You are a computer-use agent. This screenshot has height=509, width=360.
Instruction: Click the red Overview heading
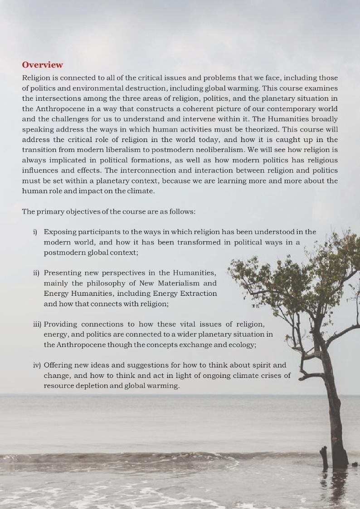43,65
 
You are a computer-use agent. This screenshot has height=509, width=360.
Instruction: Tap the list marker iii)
36,324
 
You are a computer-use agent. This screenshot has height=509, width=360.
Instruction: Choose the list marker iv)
36,365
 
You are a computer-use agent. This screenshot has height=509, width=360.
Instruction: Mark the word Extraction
198,294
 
